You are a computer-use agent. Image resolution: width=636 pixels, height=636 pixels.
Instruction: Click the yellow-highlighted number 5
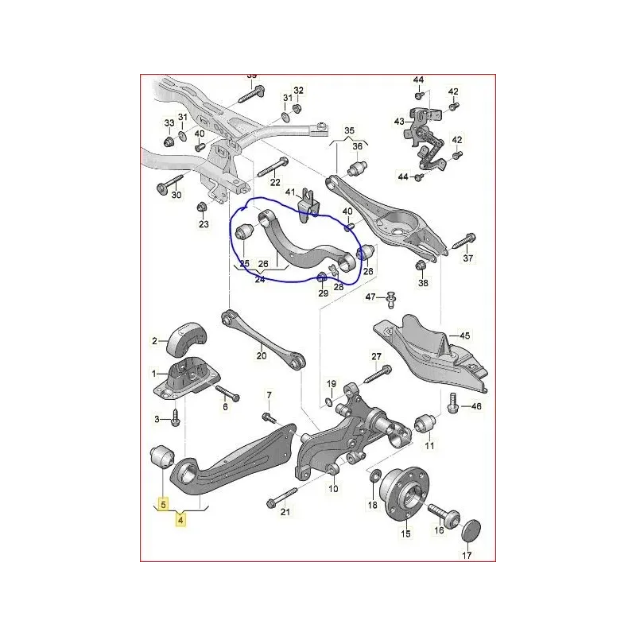[x=164, y=503]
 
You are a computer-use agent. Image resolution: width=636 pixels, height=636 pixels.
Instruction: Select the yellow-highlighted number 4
[x=181, y=521]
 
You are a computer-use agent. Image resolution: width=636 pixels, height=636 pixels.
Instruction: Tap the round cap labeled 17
[x=471, y=530]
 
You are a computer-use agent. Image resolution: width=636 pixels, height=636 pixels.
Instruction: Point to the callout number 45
[x=465, y=335]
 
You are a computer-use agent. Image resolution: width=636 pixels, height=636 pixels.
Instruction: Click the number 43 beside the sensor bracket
[x=399, y=122]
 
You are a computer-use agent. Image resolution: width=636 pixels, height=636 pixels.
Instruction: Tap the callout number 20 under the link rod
[x=262, y=355]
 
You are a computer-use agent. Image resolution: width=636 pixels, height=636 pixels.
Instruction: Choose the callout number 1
[x=156, y=372]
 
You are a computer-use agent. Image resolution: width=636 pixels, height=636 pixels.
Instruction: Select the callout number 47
[x=370, y=297]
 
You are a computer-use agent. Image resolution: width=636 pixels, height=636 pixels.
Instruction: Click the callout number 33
[x=169, y=123]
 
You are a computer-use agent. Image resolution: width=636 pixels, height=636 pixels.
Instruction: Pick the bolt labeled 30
[x=168, y=188]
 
